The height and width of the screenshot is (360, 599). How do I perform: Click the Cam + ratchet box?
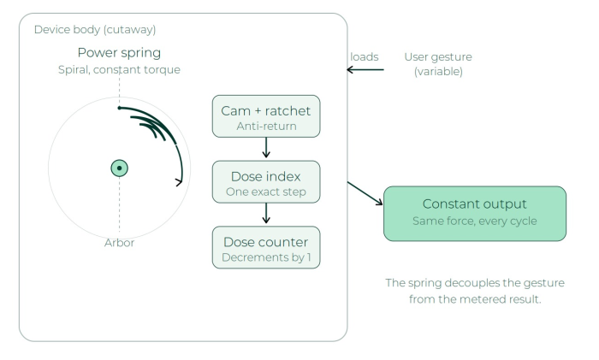click(x=266, y=116)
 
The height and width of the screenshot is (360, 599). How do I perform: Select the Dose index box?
click(x=266, y=182)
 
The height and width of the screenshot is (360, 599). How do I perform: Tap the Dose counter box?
click(x=266, y=247)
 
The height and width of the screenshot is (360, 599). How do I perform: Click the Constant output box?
click(x=475, y=214)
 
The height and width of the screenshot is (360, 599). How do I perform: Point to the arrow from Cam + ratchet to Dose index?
click(x=266, y=147)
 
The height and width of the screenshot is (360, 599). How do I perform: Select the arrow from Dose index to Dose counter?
click(x=266, y=213)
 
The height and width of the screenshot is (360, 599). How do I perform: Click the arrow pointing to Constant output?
click(x=365, y=193)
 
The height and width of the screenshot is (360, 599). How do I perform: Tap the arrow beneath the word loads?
click(x=365, y=69)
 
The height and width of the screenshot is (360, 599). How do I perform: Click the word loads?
click(x=364, y=57)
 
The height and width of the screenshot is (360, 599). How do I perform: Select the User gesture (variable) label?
click(x=438, y=64)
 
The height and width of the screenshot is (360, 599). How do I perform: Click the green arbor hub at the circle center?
click(x=119, y=168)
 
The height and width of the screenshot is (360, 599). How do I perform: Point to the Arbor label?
click(x=119, y=243)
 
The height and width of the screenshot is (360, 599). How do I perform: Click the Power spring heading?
click(x=119, y=53)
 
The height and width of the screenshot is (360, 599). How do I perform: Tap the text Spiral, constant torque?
click(x=119, y=69)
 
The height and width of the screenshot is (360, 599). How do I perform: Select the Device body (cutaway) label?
click(x=95, y=29)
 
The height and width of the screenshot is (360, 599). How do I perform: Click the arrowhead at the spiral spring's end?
click(x=180, y=182)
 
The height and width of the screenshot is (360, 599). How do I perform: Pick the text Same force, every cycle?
click(x=475, y=221)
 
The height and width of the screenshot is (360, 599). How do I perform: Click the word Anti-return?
click(x=266, y=126)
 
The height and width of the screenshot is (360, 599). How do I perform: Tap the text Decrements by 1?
click(x=266, y=257)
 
